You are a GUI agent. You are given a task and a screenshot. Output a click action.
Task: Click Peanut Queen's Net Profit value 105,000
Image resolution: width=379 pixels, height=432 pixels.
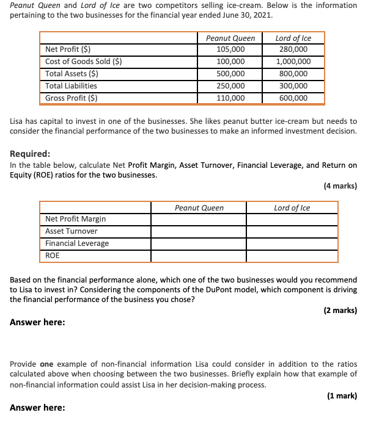tap(230, 49)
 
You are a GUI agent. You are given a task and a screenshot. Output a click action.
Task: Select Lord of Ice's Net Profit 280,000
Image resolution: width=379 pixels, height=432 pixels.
tap(293, 49)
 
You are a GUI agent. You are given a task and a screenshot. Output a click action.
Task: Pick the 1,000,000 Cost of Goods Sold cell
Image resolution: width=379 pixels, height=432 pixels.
tap(293, 62)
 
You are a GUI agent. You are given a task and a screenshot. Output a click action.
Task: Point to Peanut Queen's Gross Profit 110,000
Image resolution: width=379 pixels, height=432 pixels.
tap(230, 98)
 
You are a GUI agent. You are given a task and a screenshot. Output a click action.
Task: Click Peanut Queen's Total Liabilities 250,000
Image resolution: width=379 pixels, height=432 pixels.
tap(230, 86)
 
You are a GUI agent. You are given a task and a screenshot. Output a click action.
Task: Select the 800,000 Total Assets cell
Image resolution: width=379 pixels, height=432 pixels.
tap(293, 74)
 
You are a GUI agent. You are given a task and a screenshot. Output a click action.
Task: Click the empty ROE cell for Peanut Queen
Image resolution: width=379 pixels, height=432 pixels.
tap(199, 256)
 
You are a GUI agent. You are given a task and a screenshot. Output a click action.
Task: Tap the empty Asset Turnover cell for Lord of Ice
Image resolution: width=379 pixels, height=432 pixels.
tap(292, 231)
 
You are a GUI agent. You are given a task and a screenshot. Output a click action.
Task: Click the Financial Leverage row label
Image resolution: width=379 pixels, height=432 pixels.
tap(77, 243)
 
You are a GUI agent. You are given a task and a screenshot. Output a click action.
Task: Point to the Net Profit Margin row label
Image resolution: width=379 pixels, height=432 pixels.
tap(75, 219)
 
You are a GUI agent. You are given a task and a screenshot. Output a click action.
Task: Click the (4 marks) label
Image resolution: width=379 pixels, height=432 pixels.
tap(340, 186)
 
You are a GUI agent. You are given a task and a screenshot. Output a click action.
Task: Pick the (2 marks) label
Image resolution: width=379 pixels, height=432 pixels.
tap(340, 311)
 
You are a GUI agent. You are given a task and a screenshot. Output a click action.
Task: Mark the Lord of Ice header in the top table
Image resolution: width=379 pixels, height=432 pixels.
tap(293, 38)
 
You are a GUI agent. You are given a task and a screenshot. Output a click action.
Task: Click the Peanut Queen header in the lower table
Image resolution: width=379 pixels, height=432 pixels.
tap(199, 208)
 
